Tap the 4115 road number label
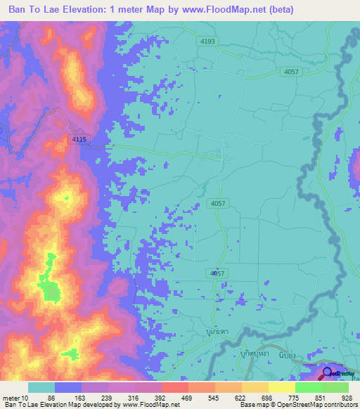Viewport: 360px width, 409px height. point(79,140)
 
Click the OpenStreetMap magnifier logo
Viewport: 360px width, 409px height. point(328,373)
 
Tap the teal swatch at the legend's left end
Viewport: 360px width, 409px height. point(41,387)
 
